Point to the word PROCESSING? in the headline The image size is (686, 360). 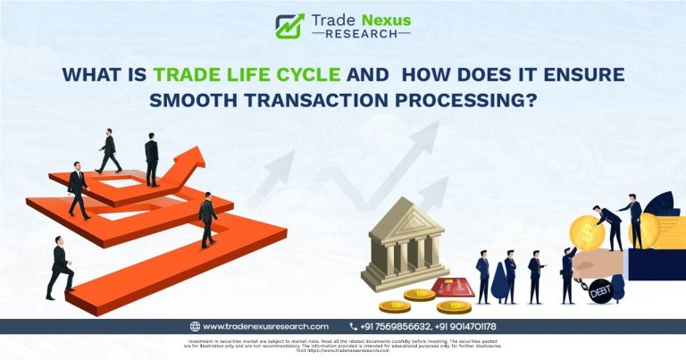(465, 100)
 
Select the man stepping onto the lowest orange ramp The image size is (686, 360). (61, 268)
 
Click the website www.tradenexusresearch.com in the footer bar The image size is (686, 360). (265, 327)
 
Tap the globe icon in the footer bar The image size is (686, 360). (195, 327)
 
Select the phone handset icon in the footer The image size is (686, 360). (354, 327)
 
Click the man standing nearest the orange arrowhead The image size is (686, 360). (152, 161)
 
